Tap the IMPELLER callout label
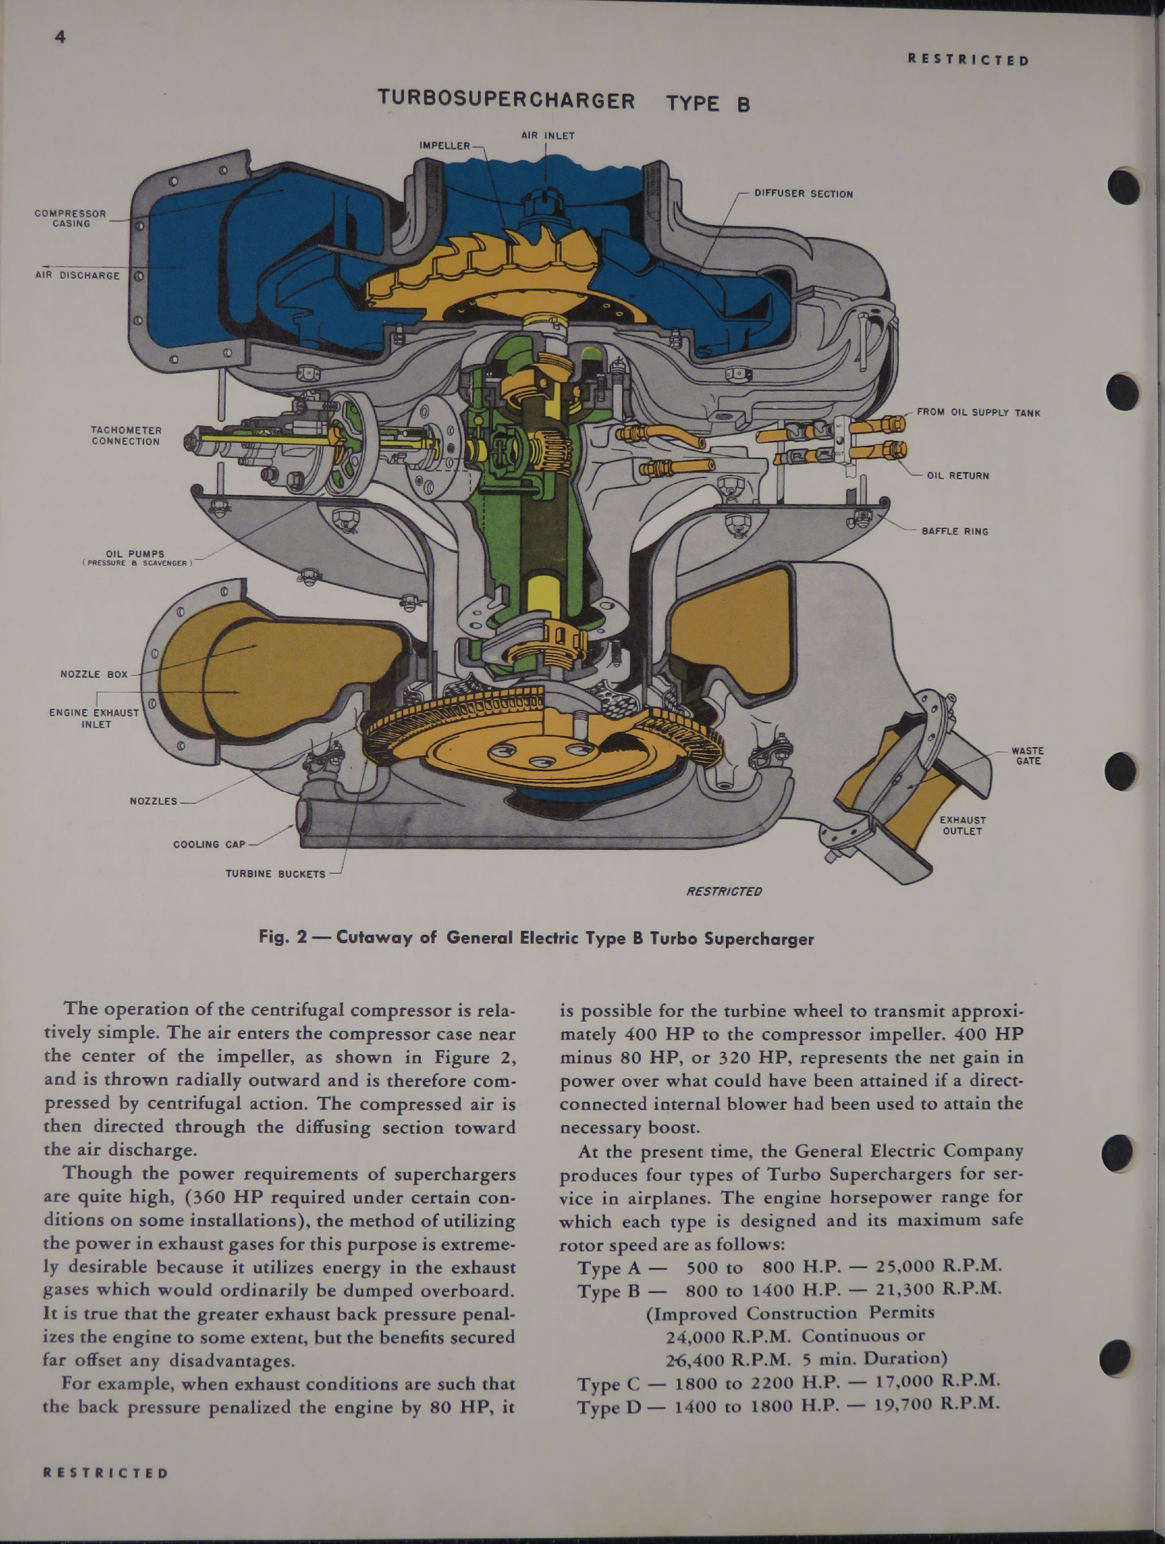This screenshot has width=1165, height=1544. click(444, 145)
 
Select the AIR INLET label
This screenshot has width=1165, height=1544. click(548, 135)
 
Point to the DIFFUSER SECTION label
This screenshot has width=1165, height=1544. click(803, 194)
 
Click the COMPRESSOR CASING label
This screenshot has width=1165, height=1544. click(71, 219)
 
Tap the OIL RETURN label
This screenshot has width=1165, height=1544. click(958, 475)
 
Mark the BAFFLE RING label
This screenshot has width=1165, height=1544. click(955, 531)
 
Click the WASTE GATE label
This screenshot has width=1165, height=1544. click(1028, 756)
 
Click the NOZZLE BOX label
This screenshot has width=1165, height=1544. click(94, 674)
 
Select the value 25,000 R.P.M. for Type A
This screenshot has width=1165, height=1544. click(938, 1265)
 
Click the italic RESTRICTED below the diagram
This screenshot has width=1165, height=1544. click(724, 891)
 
